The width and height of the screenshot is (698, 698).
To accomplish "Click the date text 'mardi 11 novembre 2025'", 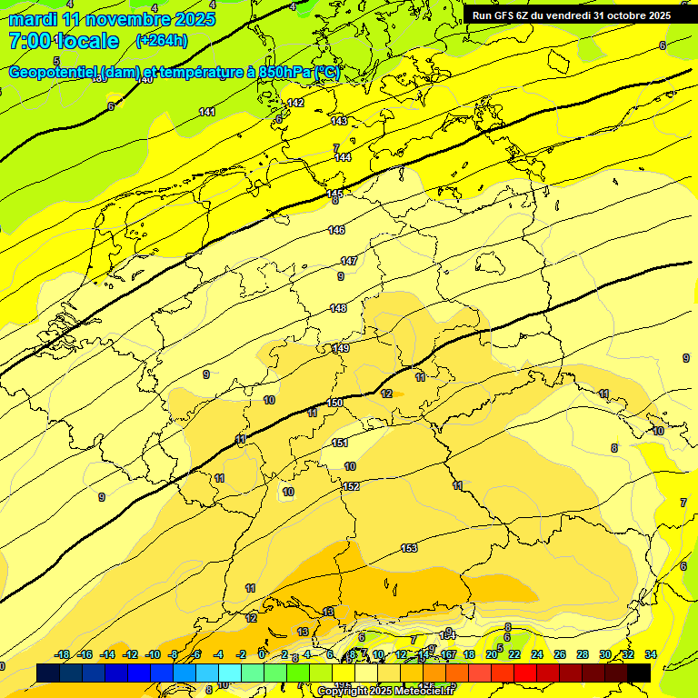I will tap(112, 18).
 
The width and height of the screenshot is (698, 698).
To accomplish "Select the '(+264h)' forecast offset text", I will tap(162, 40).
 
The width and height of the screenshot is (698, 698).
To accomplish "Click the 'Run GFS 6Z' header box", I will tap(572, 15).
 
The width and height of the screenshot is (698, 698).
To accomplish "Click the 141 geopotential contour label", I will tap(207, 112).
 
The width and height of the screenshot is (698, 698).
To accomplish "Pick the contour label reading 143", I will tap(339, 121).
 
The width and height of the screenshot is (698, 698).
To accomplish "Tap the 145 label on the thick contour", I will tap(335, 194).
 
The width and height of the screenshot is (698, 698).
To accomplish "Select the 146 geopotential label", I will tap(337, 230).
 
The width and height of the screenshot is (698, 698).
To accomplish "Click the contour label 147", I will tap(349, 261).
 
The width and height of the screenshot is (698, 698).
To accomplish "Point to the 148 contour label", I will tap(338, 309).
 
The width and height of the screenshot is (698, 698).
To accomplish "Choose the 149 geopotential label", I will tap(341, 348).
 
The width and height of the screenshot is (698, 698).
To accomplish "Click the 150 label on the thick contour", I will tap(334, 403).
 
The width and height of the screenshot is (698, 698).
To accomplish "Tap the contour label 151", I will tap(340, 443).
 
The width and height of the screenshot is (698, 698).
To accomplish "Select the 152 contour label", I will tap(352, 486).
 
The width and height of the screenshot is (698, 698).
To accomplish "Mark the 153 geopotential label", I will tap(409, 547).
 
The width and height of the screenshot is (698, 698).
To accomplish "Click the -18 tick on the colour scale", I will tap(63, 654).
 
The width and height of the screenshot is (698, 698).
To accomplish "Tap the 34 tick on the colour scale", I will tap(651, 654).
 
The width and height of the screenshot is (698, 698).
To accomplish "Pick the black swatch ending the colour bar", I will tap(639, 673).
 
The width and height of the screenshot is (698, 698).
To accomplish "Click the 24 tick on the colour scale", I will tap(537, 654).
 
